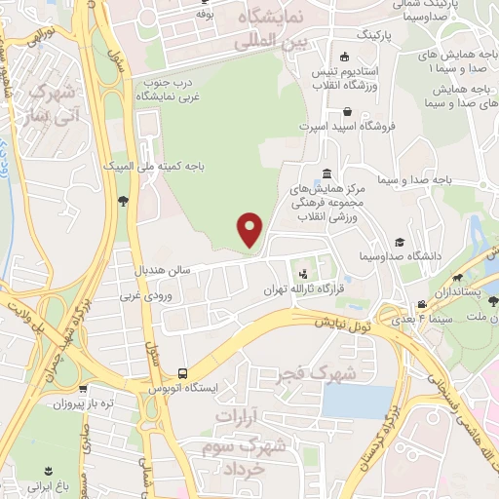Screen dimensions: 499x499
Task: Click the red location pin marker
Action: [x=250, y=229]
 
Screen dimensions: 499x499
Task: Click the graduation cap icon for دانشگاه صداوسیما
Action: [x=399, y=242]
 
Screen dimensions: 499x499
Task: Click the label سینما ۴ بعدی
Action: [x=420, y=319]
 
